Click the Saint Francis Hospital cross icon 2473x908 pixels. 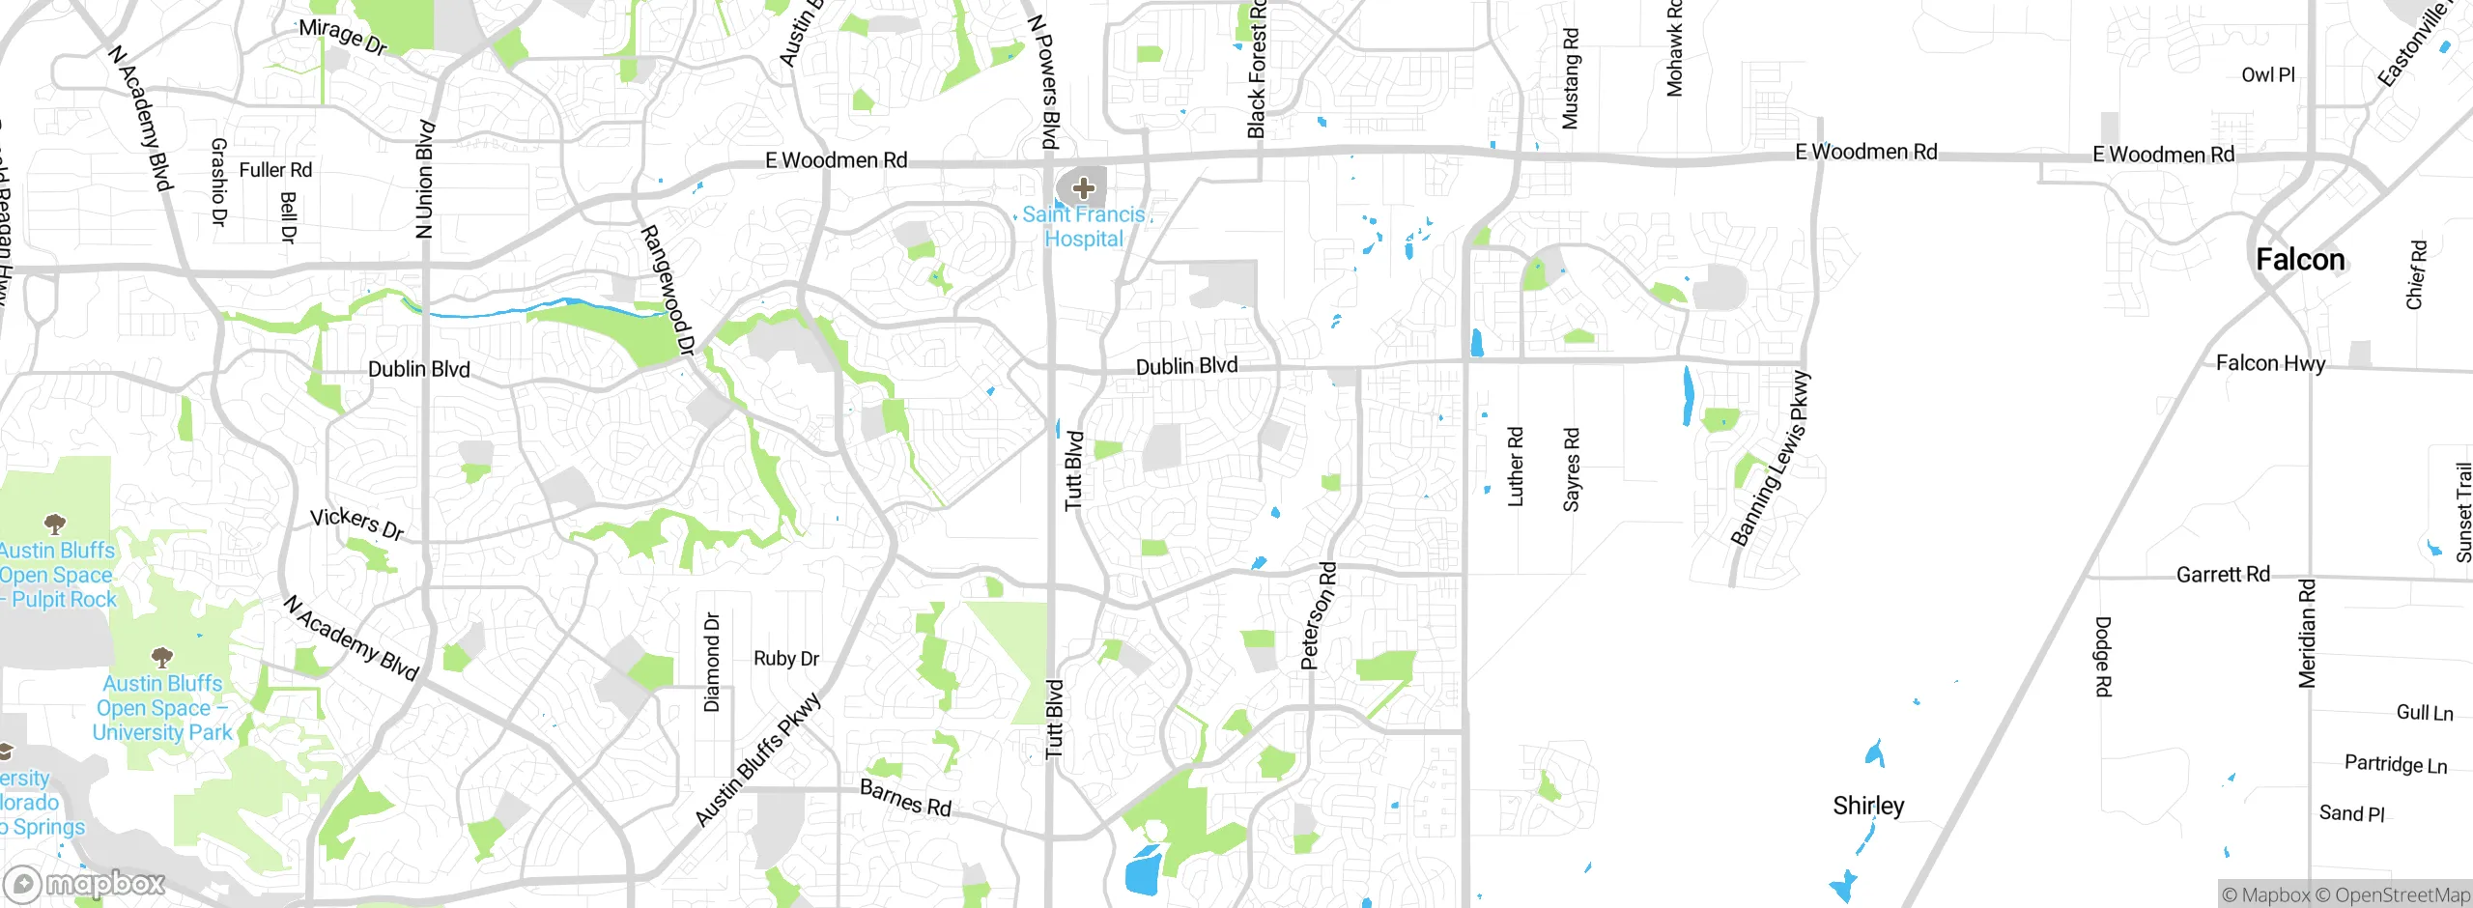click(1083, 187)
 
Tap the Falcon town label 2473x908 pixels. click(2300, 260)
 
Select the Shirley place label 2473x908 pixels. click(1868, 806)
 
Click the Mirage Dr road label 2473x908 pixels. click(342, 36)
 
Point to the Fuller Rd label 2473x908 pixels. click(275, 170)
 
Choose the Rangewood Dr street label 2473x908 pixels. click(668, 290)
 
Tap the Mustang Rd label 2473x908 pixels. click(1571, 79)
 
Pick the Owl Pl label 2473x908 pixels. click(2267, 75)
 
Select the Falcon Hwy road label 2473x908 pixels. click(2270, 363)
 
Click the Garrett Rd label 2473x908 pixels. click(2223, 575)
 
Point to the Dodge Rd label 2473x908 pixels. click(2103, 657)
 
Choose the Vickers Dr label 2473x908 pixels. click(356, 523)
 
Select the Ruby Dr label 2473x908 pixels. click(785, 659)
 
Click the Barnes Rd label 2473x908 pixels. click(905, 798)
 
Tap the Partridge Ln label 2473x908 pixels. click(2396, 764)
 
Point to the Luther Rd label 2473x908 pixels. click(1516, 467)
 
